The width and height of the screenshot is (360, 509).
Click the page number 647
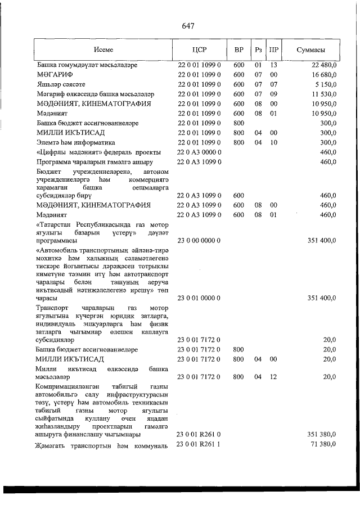tap(188, 26)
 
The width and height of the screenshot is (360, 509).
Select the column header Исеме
tap(103, 49)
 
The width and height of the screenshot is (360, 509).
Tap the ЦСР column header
tap(199, 49)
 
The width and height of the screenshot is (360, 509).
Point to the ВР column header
tap(238, 49)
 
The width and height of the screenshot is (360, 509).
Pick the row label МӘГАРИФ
tap(52, 75)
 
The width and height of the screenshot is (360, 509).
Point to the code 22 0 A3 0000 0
tap(199, 152)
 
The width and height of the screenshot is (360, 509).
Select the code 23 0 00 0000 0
tap(199, 241)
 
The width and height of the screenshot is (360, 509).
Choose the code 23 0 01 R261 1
tap(199, 445)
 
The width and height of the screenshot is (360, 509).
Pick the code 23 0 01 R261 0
tap(199, 435)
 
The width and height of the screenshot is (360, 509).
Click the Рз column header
tap(258, 49)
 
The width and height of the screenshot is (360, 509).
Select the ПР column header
tap(274, 49)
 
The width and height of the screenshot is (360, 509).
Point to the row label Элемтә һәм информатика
tap(75, 143)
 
